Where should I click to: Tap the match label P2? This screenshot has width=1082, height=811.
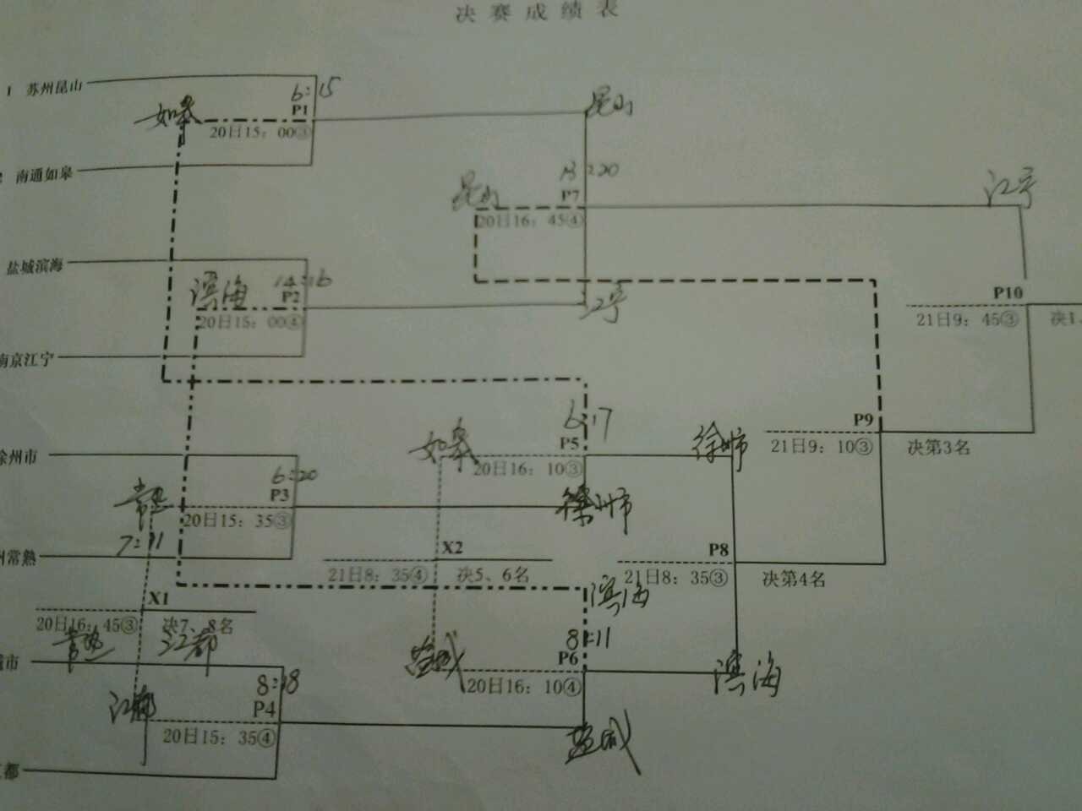pos(292,297)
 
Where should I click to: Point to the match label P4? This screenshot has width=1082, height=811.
pos(265,710)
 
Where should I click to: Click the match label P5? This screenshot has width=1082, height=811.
pos(569,444)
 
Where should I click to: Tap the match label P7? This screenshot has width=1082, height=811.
pos(571,196)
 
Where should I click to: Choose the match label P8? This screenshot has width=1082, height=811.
pos(719,551)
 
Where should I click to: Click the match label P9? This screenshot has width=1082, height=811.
pos(863,420)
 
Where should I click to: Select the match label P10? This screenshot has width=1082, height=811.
pos(1008,293)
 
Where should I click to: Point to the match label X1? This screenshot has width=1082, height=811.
pos(159,598)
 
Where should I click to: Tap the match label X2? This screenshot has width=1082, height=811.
pos(453,547)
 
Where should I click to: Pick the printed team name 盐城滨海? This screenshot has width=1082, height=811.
pos(36,267)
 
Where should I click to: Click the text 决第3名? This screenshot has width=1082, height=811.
pos(938,448)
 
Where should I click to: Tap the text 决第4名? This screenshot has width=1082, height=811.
pos(794,580)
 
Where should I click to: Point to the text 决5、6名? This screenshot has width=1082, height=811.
pos(494,575)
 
